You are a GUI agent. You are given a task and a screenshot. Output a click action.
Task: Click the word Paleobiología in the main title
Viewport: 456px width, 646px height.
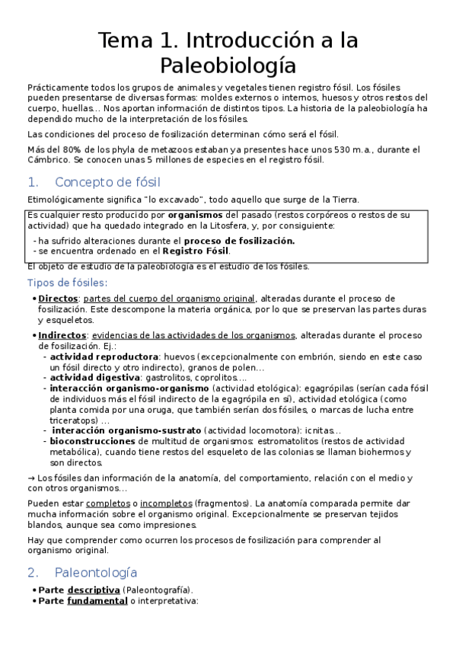point(228,63)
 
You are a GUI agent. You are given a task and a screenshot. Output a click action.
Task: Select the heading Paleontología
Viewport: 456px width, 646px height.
point(96,572)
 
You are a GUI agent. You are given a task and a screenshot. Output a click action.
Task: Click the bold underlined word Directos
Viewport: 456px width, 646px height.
point(58,298)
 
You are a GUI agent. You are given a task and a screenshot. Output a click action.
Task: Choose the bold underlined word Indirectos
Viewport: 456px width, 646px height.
point(62,335)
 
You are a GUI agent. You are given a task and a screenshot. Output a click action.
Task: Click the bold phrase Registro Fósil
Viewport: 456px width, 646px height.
point(196,251)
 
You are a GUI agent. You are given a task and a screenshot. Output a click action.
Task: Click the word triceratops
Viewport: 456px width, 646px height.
point(74,420)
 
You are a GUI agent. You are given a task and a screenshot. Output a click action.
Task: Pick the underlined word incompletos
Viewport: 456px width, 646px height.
point(165,504)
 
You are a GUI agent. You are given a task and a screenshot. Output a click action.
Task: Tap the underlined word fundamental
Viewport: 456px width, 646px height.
point(97,600)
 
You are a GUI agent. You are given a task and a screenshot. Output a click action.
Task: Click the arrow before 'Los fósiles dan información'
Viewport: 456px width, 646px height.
point(30,478)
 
